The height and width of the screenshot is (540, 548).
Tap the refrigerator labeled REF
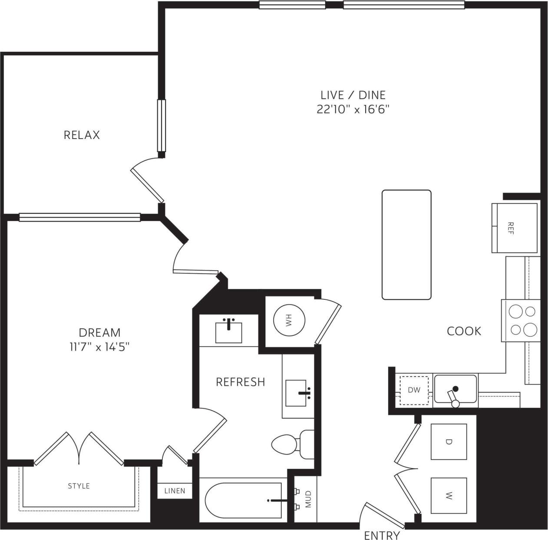(515, 228)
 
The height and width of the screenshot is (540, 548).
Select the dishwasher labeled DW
(414, 390)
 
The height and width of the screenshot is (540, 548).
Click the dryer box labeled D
(449, 441)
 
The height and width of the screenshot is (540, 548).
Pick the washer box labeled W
(449, 495)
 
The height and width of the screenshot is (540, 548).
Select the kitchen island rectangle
(406, 245)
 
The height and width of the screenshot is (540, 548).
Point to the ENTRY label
(382, 535)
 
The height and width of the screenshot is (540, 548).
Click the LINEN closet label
(175, 491)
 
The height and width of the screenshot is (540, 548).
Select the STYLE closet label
(79, 486)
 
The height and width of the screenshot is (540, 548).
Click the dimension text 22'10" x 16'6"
(352, 109)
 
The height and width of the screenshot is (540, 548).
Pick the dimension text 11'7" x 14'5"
(99, 347)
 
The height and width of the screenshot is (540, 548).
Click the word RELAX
(82, 135)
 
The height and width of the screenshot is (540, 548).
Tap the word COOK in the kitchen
(464, 331)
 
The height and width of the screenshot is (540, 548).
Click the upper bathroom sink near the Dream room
(229, 332)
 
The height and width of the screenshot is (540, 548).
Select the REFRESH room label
(240, 382)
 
